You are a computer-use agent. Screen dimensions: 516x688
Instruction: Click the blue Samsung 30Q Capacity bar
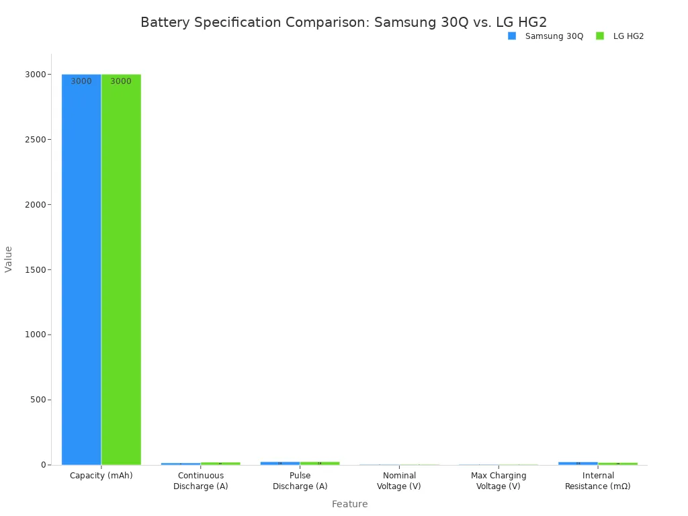[x=81, y=269]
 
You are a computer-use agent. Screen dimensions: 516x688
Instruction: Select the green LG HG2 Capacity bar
[x=121, y=269]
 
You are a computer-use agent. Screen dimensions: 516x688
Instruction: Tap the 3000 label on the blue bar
[x=81, y=81]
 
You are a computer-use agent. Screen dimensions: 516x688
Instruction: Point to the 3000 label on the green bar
[x=121, y=81]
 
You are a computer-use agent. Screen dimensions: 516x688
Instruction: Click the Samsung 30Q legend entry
[x=546, y=36]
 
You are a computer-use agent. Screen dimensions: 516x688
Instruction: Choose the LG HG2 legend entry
[x=620, y=36]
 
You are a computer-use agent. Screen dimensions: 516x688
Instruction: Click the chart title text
[x=343, y=22]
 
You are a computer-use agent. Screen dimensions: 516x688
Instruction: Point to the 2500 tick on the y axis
[x=35, y=139]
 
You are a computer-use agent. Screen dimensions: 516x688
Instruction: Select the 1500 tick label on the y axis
[x=35, y=269]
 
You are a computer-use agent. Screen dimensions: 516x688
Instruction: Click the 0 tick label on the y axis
[x=42, y=465]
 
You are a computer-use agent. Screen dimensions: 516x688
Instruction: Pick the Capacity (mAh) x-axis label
[x=101, y=476]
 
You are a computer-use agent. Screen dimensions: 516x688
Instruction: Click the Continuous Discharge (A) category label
[x=201, y=481]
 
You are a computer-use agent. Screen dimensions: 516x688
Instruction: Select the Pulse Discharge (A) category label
[x=300, y=481]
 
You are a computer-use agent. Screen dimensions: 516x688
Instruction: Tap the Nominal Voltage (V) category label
[x=399, y=481]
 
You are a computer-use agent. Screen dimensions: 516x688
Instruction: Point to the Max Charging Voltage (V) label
[x=499, y=481]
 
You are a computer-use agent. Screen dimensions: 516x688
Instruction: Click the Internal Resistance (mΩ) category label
[x=598, y=481]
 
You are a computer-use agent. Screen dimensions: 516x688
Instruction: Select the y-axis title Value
[x=9, y=259]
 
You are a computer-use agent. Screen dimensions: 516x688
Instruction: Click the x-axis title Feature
[x=349, y=504]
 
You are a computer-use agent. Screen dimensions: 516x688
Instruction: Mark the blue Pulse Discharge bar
[x=280, y=463]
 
